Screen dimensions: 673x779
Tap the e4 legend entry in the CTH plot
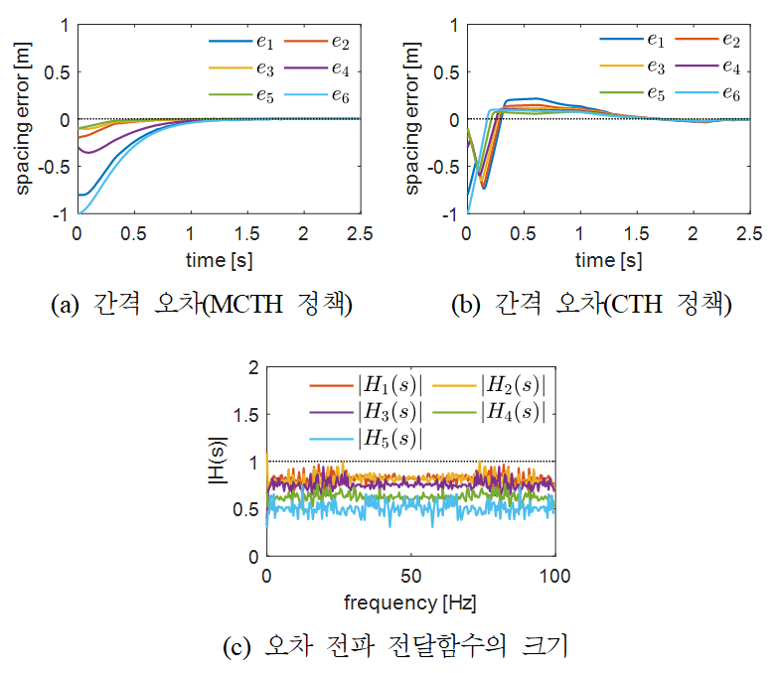coord(716,67)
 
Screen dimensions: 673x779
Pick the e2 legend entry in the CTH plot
coord(716,41)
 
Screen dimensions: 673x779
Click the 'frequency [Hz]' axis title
coord(409,602)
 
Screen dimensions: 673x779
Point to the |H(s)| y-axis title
coord(221,462)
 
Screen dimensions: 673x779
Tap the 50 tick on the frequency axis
coord(409,576)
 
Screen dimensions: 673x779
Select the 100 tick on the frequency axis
coord(553,576)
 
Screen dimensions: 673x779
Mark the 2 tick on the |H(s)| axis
coord(251,367)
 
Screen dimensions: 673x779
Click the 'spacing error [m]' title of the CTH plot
coord(412,118)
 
